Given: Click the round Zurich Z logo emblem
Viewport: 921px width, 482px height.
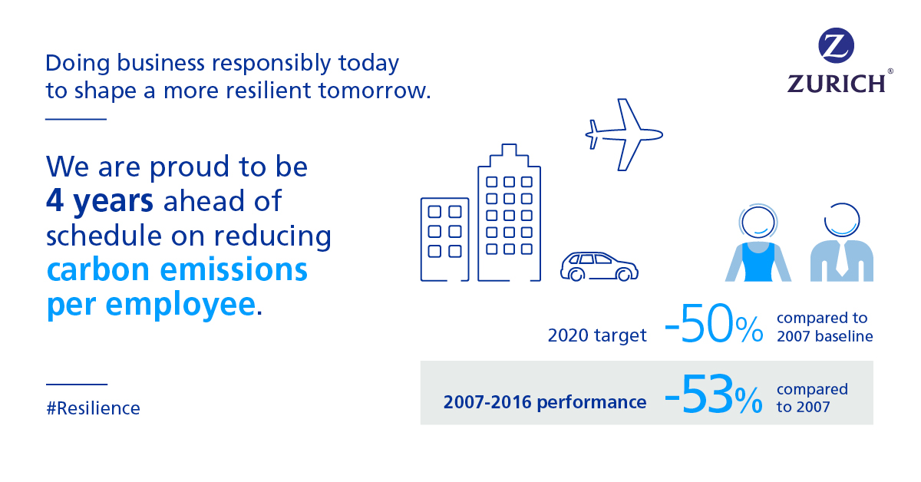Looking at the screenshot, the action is [836, 45].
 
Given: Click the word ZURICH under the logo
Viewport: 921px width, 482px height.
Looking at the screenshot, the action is [837, 84].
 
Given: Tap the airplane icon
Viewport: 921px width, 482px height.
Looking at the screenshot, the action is [624, 134].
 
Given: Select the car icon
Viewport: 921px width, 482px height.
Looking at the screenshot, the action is [599, 266].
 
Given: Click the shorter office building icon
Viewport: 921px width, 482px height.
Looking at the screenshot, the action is [444, 239].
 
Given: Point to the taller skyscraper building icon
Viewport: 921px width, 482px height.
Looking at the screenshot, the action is [509, 212].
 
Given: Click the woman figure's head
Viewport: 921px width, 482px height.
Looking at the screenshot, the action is [758, 222].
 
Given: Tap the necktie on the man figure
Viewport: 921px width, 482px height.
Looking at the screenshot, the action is [842, 259].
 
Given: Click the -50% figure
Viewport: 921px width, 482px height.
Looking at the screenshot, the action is [714, 324].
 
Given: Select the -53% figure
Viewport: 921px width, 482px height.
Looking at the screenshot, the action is [714, 394].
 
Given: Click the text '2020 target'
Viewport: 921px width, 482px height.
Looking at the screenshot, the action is [597, 335].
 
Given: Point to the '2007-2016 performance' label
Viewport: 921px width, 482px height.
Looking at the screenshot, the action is [545, 402].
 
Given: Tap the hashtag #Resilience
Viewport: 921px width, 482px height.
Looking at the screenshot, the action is [93, 408].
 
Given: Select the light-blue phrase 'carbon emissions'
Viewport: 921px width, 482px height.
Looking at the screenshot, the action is [177, 270].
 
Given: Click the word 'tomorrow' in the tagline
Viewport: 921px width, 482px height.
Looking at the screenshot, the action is [371, 91].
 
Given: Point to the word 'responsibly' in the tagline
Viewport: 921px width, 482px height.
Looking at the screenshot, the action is [271, 64].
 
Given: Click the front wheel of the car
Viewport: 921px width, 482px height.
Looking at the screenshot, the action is [624, 275].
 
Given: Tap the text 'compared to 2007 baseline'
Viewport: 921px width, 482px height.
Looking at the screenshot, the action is [824, 327].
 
